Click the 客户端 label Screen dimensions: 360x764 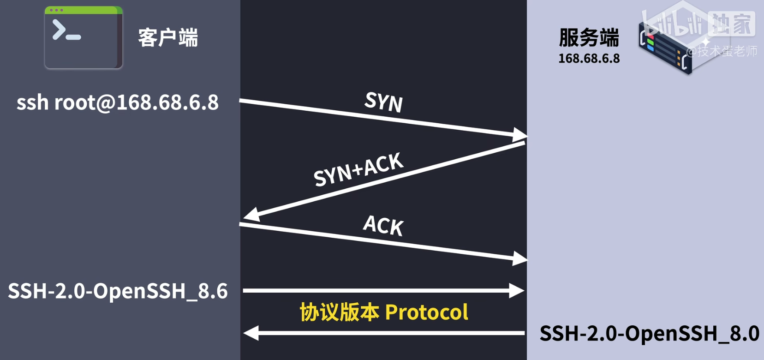pyautogui.click(x=168, y=38)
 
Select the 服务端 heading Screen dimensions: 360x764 pyautogui.click(x=589, y=38)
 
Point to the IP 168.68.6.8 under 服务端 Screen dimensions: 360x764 pyautogui.click(x=589, y=59)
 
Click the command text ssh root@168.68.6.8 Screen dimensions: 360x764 pyautogui.click(x=118, y=102)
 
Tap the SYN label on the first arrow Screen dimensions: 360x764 pyautogui.click(x=383, y=102)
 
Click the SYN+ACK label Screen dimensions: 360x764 pyautogui.click(x=358, y=169)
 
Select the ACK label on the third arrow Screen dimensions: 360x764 pyautogui.click(x=383, y=225)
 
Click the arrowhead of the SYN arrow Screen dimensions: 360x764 pyautogui.click(x=519, y=135)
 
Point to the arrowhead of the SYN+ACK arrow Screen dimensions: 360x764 pyautogui.click(x=251, y=215)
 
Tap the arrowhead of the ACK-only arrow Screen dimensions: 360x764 pyautogui.click(x=519, y=258)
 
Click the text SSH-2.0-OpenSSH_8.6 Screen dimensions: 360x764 pyautogui.click(x=118, y=291)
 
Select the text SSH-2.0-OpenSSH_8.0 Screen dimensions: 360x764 pyautogui.click(x=649, y=333)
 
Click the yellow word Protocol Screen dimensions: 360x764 pyautogui.click(x=426, y=312)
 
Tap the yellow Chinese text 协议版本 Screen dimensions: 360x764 pyautogui.click(x=340, y=312)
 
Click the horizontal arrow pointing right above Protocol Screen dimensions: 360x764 pyautogui.click(x=383, y=291)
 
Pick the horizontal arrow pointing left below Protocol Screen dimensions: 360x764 pyautogui.click(x=383, y=333)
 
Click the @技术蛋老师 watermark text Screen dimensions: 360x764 pyautogui.click(x=722, y=51)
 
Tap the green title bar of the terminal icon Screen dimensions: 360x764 pyautogui.click(x=84, y=10)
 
